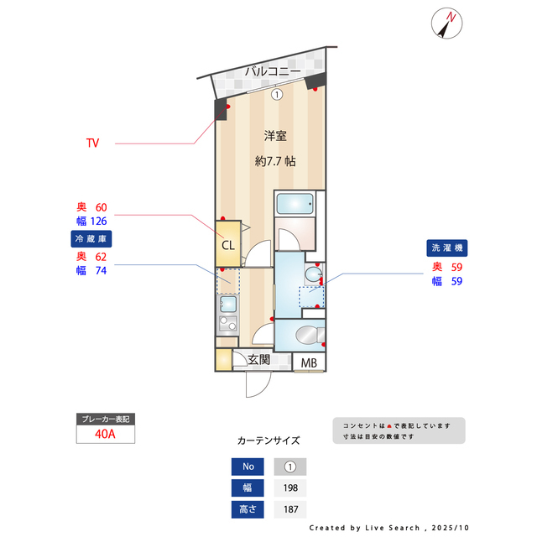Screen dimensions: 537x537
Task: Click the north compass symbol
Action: point(446,23)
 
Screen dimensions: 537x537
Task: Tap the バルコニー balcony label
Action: point(273,72)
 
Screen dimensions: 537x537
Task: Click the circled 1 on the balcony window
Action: point(276,94)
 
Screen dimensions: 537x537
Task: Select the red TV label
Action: point(92,143)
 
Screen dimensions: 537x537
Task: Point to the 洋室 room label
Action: point(275,135)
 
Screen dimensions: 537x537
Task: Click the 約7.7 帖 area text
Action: point(275,161)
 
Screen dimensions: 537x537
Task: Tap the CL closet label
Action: point(227,245)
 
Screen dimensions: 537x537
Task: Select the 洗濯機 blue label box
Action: point(446,248)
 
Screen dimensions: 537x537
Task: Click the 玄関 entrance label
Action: point(258,361)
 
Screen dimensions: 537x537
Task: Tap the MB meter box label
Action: point(310,363)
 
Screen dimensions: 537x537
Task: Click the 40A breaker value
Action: point(105,435)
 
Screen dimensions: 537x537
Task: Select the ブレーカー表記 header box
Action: point(105,419)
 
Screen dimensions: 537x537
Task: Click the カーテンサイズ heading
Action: point(268,440)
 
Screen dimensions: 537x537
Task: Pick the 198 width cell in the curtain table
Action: point(290,488)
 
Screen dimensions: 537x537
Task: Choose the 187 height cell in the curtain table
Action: point(290,509)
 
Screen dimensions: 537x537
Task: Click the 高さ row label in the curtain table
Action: point(248,509)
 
